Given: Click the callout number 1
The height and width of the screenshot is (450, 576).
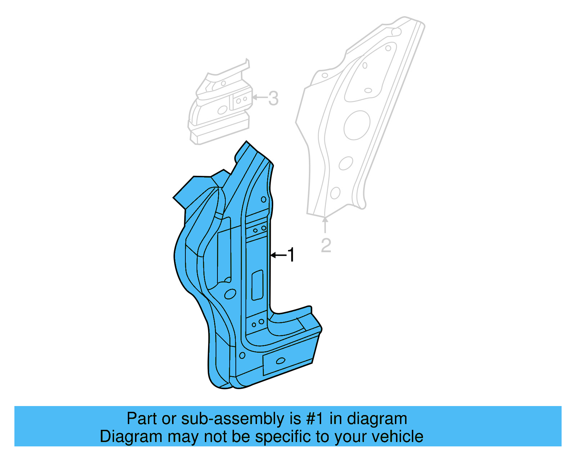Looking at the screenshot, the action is pos(291,255).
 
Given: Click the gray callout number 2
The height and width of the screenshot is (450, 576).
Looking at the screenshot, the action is pos(326,245).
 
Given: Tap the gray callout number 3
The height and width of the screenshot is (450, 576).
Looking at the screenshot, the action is pos(273,98).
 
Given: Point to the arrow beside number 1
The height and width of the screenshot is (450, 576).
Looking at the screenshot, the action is pos(278,255).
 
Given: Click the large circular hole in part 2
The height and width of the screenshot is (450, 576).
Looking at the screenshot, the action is pos(357,125).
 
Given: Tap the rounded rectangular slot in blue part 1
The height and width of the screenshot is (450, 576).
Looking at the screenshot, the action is pos(257,285).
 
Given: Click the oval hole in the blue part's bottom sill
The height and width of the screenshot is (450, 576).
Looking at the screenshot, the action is pos(280,361).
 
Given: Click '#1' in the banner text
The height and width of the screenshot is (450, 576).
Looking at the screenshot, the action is pos(315,419).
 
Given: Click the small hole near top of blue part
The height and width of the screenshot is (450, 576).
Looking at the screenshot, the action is pos(264,199).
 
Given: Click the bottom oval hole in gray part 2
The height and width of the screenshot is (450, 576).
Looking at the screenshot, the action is pos(335,193).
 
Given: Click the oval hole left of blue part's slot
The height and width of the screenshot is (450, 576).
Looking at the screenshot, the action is pos(228,294).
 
